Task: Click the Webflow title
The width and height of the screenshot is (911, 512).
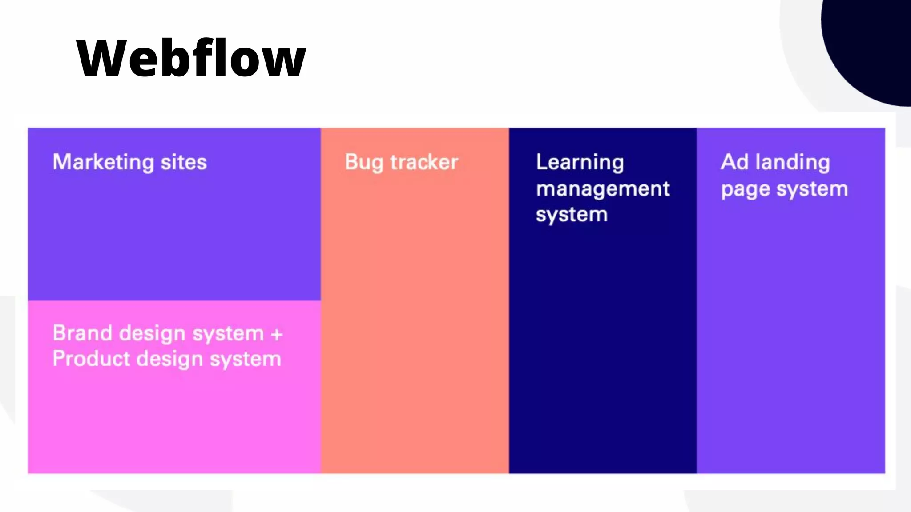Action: (191, 58)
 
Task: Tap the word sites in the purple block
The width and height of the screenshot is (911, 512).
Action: (184, 162)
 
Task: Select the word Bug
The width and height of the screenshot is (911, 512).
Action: (363, 163)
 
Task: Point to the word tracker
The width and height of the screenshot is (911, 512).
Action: (424, 162)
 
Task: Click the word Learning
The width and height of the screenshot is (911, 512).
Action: (580, 163)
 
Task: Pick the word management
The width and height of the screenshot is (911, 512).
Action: (603, 189)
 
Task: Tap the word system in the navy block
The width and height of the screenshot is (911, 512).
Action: (572, 215)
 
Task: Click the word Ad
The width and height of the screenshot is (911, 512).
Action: (734, 162)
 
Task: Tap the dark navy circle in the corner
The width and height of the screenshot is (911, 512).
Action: (867, 44)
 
